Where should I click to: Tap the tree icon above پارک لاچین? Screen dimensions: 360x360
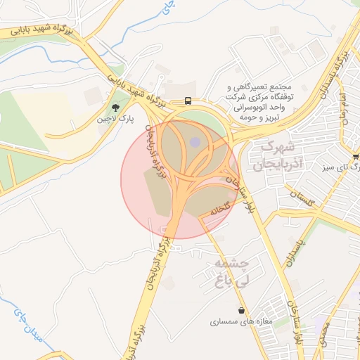pyautogui.click(x=115, y=108)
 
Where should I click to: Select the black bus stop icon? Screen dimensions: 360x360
pyautogui.click(x=188, y=101)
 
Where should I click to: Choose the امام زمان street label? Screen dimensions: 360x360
pyautogui.click(x=343, y=106)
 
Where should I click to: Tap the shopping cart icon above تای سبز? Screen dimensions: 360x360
pyautogui.click(x=356, y=156)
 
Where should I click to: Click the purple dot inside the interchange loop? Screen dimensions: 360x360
pyautogui.click(x=195, y=143)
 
